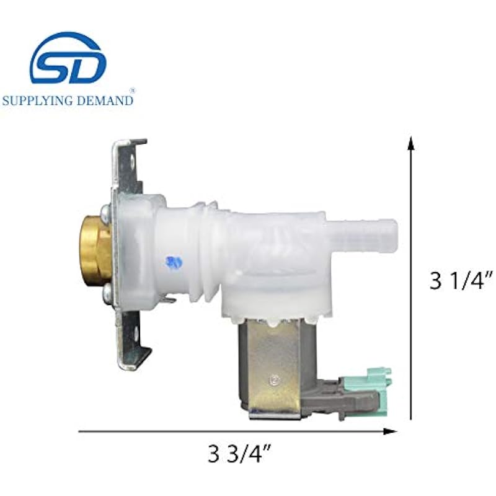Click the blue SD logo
tap(68, 59)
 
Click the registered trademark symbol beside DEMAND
tap(133, 91)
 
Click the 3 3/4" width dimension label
tap(239, 453)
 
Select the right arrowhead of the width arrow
tap(390, 431)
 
